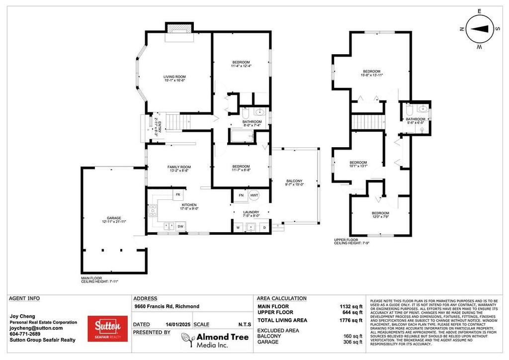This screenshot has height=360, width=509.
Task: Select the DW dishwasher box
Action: tap(180, 226)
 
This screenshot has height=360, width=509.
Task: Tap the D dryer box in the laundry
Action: tap(264, 227)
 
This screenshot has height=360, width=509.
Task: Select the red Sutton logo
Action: tap(107, 328)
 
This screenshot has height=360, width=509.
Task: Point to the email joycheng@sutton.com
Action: tap(36, 328)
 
